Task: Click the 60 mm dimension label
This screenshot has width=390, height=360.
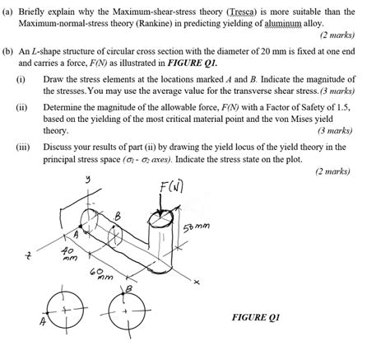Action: (104, 273)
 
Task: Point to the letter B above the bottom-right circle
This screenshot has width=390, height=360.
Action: (126, 288)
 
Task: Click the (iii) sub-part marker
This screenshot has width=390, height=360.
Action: (24, 146)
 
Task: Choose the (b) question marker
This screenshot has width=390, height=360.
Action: (9, 50)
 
